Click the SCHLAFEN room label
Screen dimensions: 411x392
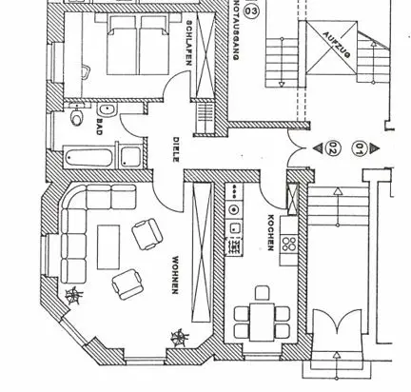coord(188,43)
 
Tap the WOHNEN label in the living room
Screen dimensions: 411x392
coord(175,275)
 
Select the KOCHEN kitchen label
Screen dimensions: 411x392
coord(271,233)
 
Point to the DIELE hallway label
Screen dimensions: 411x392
coord(176,149)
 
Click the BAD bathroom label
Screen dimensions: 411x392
coord(99,127)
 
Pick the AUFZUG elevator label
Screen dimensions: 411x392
coord(337,45)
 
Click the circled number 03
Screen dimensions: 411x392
coord(251,11)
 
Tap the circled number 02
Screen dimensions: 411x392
coord(332,147)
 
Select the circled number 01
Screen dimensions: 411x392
coord(359,148)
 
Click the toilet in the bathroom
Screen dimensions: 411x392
coord(76,115)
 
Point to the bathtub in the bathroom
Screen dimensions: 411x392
coord(88,157)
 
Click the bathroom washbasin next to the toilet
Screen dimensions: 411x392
coord(108,110)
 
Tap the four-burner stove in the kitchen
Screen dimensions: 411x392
coord(288,244)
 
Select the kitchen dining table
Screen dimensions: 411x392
coord(262,322)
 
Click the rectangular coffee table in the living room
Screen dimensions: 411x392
coord(108,247)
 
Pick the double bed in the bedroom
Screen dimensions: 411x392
coord(138,45)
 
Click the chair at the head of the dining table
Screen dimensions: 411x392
coord(263,293)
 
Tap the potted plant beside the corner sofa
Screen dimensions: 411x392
coord(73,296)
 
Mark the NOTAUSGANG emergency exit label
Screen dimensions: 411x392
coord(235,30)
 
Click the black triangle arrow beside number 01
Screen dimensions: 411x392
coord(375,147)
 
